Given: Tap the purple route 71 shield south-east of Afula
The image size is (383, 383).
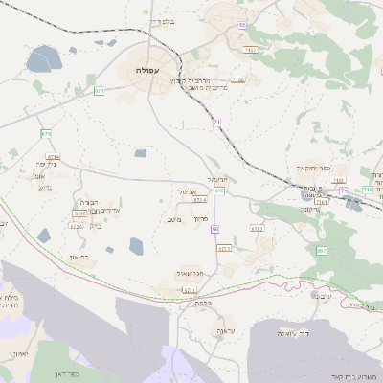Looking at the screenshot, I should pyautogui.click(x=217, y=123).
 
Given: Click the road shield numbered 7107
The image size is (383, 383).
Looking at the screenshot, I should pyautogui.click(x=251, y=49).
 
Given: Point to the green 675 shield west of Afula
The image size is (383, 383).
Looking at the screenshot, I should pyautogui.click(x=45, y=133).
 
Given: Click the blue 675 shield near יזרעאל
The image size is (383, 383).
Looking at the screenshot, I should pyautogui.click(x=219, y=191).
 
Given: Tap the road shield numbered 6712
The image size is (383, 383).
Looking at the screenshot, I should pyautogui.click(x=257, y=229).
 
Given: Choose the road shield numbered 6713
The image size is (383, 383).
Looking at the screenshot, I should pyautogui.click(x=224, y=248).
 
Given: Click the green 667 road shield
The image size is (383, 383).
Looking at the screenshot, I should pyautogui.click(x=321, y=250).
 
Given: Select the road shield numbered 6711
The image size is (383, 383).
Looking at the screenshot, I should pyautogui.click(x=189, y=289).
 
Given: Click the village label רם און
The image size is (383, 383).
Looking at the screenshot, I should pyautogui.click(x=81, y=258).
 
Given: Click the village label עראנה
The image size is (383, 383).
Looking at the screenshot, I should pyautogui.click(x=224, y=330).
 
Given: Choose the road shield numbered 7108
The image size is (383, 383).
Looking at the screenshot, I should pyautogui.click(x=237, y=80).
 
